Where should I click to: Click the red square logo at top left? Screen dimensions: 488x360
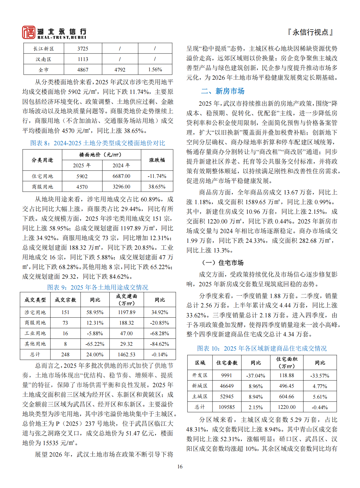click(29, 32)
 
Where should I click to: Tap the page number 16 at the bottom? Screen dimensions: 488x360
click(180, 467)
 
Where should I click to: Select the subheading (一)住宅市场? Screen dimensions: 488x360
click(223, 263)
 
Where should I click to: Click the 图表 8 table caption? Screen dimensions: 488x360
click(98, 143)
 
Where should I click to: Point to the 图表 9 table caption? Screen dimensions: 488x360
click(98, 287)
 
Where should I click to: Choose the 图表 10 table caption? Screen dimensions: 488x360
click(262, 348)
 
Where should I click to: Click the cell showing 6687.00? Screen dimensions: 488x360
click(122, 176)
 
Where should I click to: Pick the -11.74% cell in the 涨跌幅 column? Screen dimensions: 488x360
click(157, 176)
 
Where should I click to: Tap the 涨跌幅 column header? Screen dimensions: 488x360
click(157, 160)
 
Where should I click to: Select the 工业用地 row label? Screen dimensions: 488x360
click(35, 333)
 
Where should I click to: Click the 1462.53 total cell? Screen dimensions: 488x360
click(127, 355)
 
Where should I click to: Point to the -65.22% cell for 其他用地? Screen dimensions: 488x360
click(95, 344)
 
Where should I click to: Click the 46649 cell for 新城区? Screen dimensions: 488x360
click(227, 386)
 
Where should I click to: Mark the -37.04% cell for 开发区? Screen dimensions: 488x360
click(256, 376)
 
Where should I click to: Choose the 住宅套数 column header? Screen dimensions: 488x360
click(227, 363)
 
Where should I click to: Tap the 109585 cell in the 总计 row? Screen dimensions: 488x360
click(227, 407)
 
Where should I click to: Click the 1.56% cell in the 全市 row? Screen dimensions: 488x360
click(155, 70)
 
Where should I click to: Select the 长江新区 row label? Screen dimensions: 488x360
click(44, 49)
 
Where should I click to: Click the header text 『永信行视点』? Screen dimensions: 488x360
click(310, 32)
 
